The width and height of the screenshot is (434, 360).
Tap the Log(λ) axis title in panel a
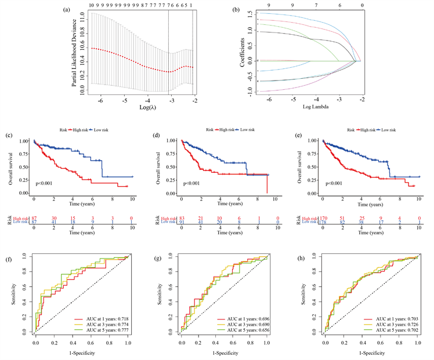(x=137, y=108)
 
